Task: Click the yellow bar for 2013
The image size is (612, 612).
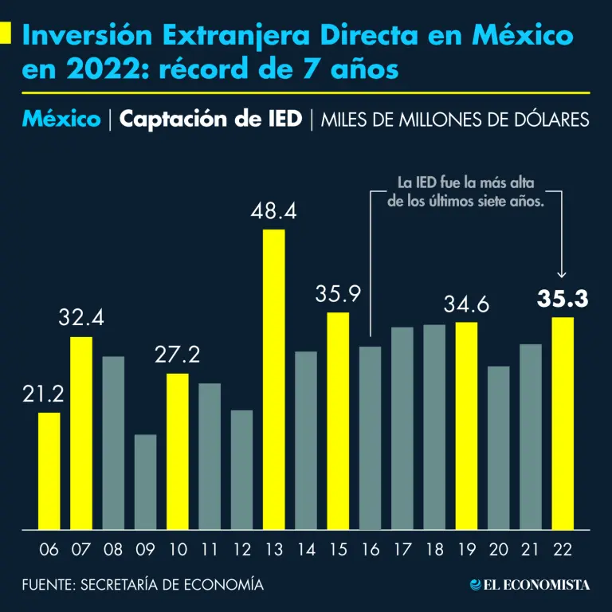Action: [x=273, y=379]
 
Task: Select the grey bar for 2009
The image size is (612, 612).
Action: [x=145, y=481]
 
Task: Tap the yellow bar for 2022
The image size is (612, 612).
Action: [x=563, y=423]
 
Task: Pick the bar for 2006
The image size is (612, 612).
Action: [x=49, y=470]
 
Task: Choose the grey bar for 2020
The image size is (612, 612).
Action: [x=498, y=447]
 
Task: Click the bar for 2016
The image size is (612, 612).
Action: [x=370, y=437]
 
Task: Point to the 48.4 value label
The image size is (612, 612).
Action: [x=273, y=213]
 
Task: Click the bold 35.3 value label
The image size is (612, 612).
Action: [x=562, y=299]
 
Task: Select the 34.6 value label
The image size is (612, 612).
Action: [x=466, y=304]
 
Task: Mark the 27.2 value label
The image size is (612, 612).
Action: [x=178, y=354]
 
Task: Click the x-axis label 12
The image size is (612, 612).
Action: [x=241, y=550]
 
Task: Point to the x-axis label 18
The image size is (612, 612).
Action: [x=434, y=550]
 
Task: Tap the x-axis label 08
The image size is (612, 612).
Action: [x=113, y=550]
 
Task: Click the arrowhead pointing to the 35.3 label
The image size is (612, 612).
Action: [x=563, y=273]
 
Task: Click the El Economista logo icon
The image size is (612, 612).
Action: [x=477, y=585]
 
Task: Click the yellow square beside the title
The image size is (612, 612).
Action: [x=6, y=34]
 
